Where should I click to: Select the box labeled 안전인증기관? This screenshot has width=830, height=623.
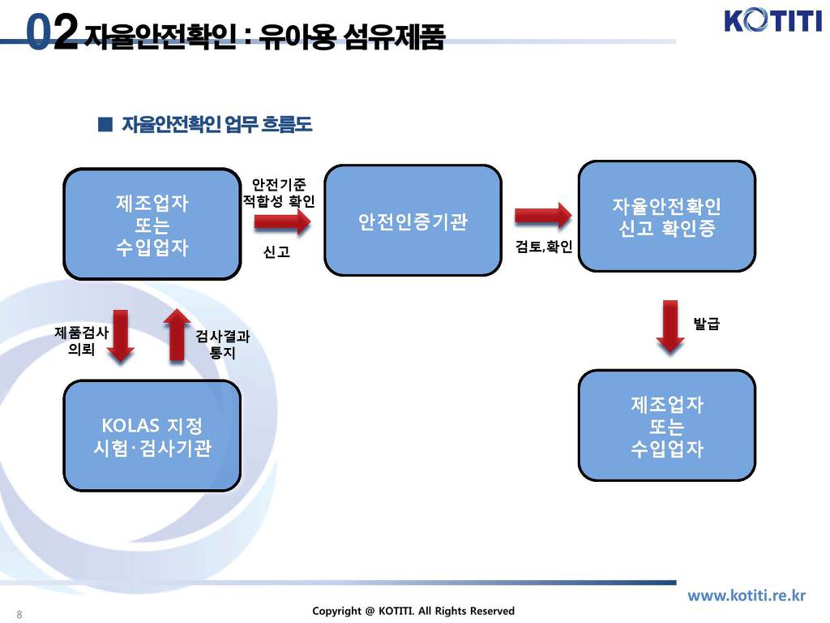click(413, 221)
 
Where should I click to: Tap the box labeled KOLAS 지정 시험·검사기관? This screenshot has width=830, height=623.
click(152, 436)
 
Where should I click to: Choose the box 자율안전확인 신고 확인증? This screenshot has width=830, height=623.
click(666, 216)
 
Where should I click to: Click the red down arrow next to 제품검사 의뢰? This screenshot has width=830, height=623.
click(122, 334)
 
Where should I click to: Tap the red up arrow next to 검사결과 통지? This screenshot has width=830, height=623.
click(177, 334)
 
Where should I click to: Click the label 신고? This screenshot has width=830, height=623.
click(276, 252)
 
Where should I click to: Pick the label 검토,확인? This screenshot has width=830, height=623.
click(544, 247)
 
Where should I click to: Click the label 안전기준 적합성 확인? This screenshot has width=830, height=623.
click(279, 192)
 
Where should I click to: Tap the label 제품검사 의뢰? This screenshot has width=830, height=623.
click(81, 341)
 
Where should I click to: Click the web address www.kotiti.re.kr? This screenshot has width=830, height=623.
click(747, 595)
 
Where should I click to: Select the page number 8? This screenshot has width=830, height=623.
click(19, 614)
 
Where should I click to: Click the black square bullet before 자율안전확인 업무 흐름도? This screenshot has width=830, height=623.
click(104, 124)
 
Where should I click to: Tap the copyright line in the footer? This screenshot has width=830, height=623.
click(413, 611)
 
